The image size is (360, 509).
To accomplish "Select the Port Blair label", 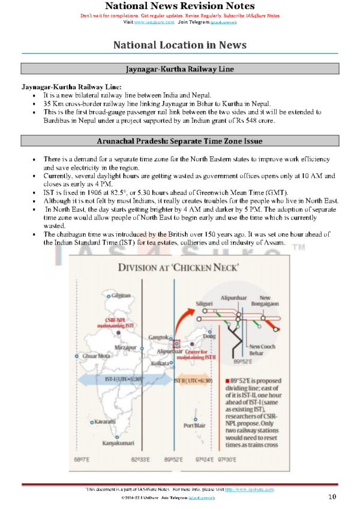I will click(x=196, y=426).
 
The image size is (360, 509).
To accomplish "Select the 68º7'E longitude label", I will click(x=82, y=459).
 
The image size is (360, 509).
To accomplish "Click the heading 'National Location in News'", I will click(x=179, y=45).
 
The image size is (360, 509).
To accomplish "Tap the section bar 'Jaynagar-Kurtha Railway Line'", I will click(x=179, y=70).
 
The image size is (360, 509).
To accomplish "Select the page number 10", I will click(x=332, y=497).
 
